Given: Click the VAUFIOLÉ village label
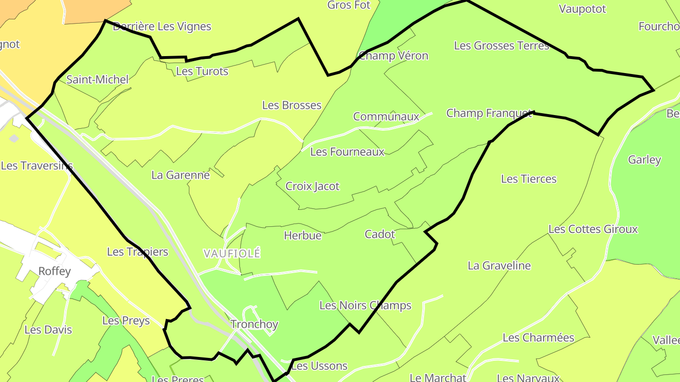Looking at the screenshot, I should (232, 253).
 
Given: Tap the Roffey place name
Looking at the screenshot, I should (55, 271).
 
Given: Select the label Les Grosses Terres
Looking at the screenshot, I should (501, 46).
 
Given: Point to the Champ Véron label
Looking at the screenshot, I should (393, 56).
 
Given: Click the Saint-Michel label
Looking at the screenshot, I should (97, 79).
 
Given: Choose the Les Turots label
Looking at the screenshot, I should (202, 71).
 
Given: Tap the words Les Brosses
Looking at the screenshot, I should (292, 105).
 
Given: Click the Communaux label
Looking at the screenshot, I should (386, 116).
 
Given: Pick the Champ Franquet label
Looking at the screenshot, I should (489, 113).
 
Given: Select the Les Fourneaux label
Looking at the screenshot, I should (348, 152).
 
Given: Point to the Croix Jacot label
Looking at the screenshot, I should (313, 186).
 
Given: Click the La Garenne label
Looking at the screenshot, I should (180, 175).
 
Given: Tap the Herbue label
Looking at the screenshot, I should (303, 235).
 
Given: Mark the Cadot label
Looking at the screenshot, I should (380, 234).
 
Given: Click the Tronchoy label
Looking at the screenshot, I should (254, 324).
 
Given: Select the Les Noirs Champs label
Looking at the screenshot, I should (365, 306).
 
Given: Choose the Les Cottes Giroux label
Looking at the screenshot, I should (593, 229).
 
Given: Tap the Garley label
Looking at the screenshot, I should (645, 160).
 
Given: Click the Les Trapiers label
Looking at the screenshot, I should (137, 252).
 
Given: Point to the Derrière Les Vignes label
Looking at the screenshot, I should (162, 26).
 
